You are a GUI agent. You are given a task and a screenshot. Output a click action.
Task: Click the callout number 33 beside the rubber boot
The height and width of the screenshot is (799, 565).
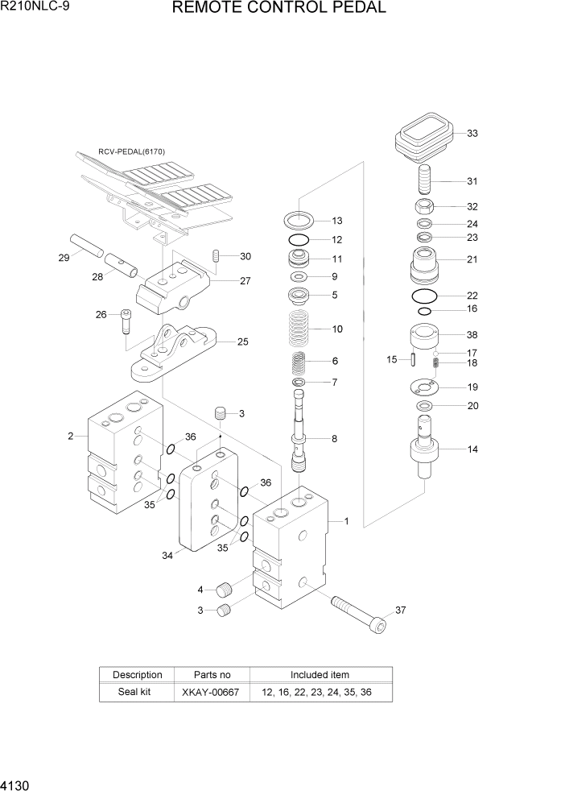pos(472,134)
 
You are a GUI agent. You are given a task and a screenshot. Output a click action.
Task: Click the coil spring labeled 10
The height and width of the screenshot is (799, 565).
pos(299,329)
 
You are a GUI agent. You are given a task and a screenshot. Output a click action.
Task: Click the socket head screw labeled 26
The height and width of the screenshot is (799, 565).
pos(125,321)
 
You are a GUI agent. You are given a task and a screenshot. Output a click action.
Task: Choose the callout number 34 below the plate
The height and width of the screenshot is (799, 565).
pos(167,555)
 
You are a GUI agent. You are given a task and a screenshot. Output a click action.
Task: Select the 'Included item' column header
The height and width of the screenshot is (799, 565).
pos(320,674)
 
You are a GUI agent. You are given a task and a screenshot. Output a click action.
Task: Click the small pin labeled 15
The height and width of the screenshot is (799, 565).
pos(413,359)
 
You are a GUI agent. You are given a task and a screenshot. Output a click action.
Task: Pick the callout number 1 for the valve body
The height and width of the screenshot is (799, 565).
pos(346,521)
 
